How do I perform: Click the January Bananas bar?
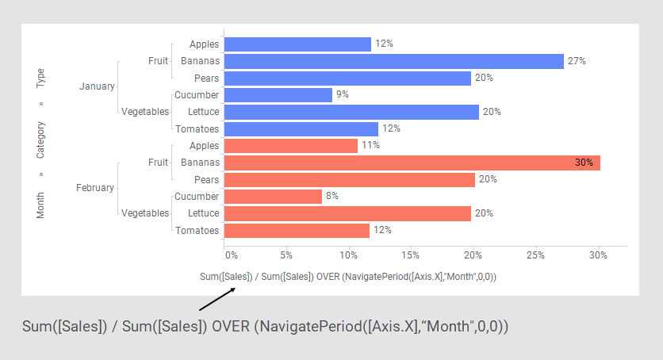(x=394, y=61)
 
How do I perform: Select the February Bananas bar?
(x=412, y=163)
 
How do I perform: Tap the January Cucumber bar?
(x=278, y=95)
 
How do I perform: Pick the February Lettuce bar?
(x=348, y=213)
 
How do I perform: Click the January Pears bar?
(x=348, y=78)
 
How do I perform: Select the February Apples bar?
(x=291, y=146)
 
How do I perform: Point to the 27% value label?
(x=577, y=61)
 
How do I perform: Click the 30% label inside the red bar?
(x=584, y=163)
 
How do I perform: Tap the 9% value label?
(x=343, y=95)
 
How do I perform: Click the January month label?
(x=97, y=86)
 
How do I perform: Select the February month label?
(x=95, y=188)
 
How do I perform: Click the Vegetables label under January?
(x=145, y=112)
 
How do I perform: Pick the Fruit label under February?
(x=158, y=163)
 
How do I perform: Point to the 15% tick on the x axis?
(x=410, y=255)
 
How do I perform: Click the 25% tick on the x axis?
(x=535, y=255)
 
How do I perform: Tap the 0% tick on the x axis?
(x=231, y=255)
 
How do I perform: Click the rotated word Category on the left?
(x=40, y=140)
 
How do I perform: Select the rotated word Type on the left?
(x=40, y=78)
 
